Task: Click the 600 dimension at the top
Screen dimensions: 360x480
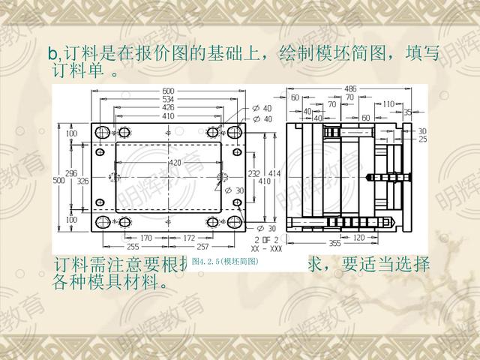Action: click(x=168, y=92)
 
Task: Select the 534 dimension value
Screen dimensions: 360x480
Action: click(x=168, y=100)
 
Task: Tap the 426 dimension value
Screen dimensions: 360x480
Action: click(x=168, y=108)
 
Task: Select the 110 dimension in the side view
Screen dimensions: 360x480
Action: click(x=388, y=104)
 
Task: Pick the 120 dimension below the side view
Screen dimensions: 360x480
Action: click(x=359, y=237)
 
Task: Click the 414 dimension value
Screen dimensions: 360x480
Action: click(x=274, y=173)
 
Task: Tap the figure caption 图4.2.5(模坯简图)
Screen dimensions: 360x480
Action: click(x=225, y=262)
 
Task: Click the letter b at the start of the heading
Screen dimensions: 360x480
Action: click(x=52, y=54)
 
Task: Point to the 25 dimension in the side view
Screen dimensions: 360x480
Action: click(x=422, y=139)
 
